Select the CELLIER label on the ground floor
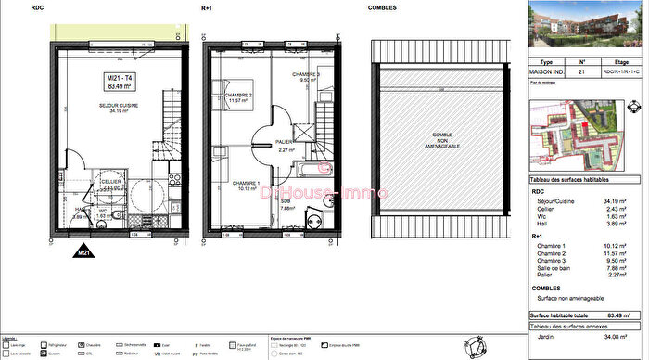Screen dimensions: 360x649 coord(111,182)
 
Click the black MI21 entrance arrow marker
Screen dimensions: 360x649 coord(82,250)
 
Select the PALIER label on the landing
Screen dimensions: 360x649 coord(285,144)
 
